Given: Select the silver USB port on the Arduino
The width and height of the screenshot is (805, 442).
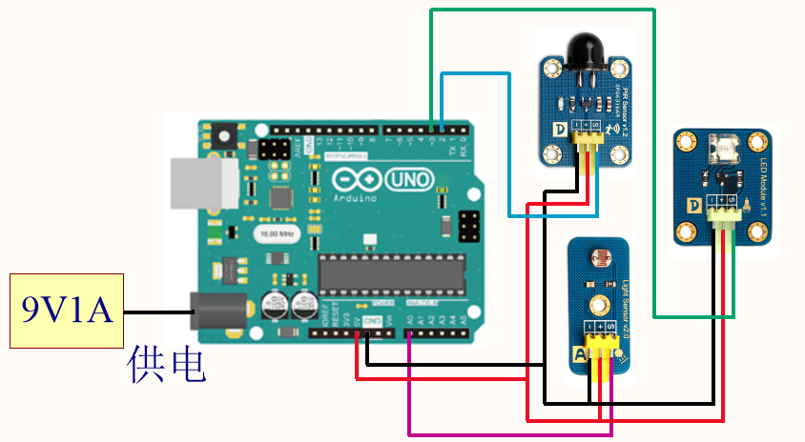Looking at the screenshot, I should pyautogui.click(x=202, y=182).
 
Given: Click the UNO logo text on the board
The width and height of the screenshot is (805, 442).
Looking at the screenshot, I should pyautogui.click(x=410, y=180).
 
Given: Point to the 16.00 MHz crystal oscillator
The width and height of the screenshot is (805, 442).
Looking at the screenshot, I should pyautogui.click(x=275, y=232).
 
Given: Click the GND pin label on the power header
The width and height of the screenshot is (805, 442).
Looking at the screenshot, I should pyautogui.click(x=373, y=321).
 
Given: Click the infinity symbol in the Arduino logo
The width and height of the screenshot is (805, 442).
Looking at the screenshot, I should pyautogui.click(x=358, y=179).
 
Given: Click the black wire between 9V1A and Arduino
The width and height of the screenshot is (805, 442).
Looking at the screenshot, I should pyautogui.click(x=157, y=311).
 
